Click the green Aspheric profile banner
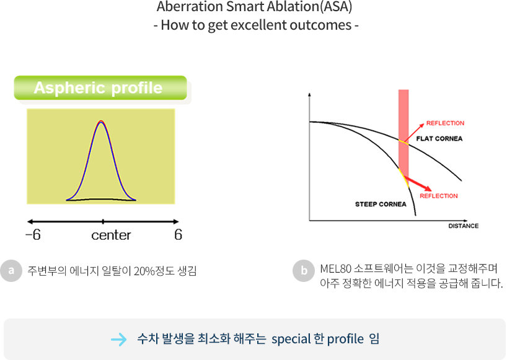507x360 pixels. point(100,87)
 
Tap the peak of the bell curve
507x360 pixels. point(101,121)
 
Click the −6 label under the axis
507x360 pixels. point(33,235)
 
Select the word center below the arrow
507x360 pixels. point(111,235)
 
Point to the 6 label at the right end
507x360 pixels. point(178,235)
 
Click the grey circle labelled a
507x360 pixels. point(11,271)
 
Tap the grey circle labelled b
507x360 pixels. point(304,271)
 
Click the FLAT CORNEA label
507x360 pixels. point(439,139)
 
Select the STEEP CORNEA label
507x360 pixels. point(381,204)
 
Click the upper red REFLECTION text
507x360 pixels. point(445,123)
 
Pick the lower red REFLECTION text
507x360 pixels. point(438,196)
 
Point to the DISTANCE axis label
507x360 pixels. point(464,226)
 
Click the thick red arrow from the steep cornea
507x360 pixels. point(417,183)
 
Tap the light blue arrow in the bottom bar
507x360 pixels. point(118,340)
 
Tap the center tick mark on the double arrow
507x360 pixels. point(103,222)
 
